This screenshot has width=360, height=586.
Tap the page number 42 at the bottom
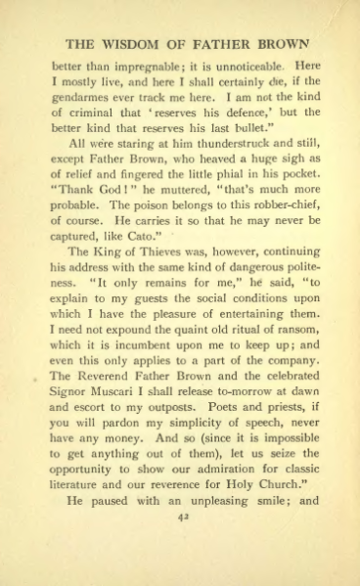181,551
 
